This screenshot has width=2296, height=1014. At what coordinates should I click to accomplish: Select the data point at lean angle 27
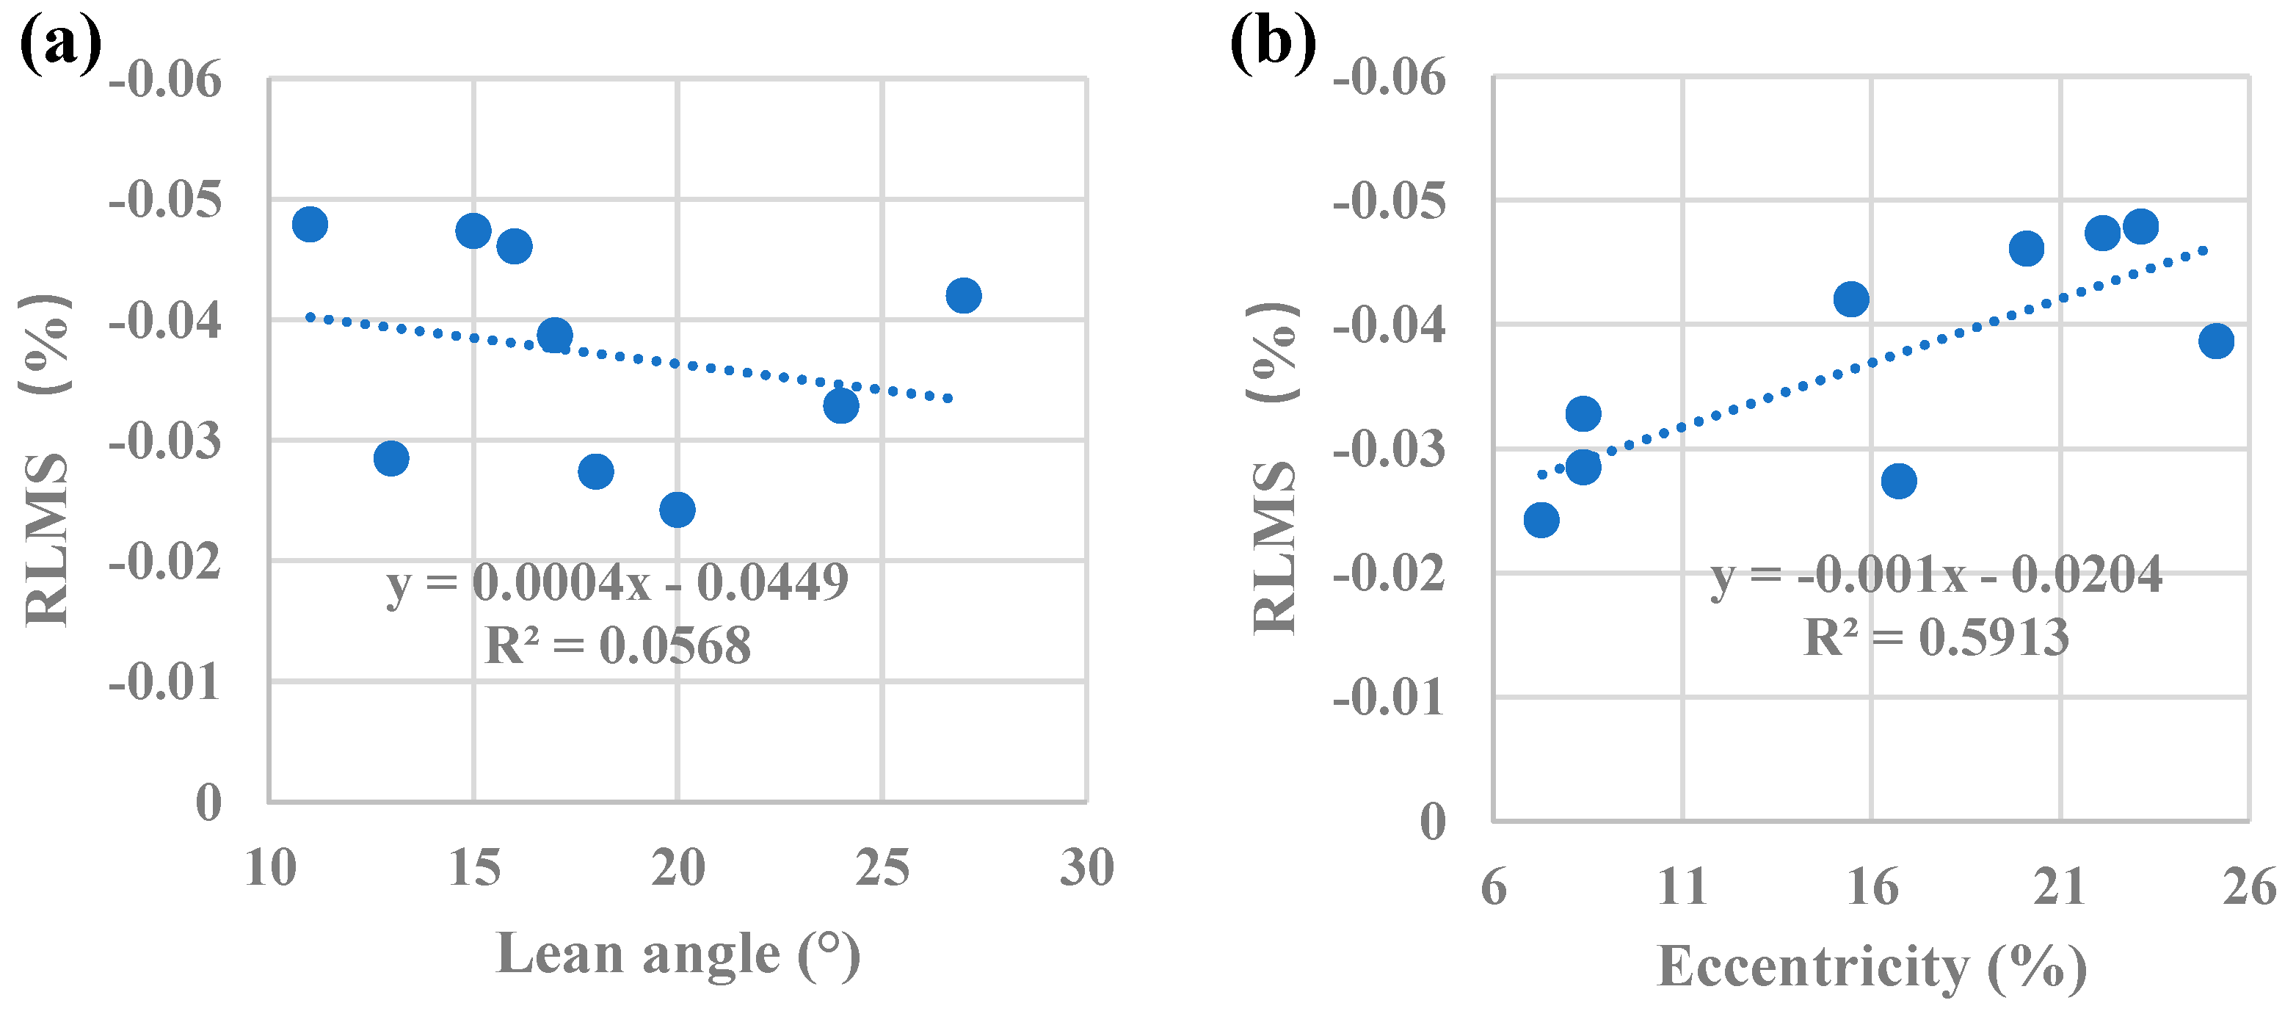(x=962, y=295)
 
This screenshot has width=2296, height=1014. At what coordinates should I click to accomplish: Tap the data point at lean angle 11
(x=309, y=224)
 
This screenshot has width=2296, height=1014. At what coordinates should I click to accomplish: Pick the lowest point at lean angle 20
(x=677, y=510)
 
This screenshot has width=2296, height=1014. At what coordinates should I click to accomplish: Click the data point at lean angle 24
(x=840, y=406)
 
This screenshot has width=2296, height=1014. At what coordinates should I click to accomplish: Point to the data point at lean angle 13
(x=391, y=458)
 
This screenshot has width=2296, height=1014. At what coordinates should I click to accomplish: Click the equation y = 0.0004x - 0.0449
(x=617, y=582)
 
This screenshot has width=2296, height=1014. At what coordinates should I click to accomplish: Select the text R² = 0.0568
(x=617, y=645)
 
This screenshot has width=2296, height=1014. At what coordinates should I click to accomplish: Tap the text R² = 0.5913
(x=1936, y=637)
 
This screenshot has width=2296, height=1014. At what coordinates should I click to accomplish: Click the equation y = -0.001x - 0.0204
(x=1936, y=574)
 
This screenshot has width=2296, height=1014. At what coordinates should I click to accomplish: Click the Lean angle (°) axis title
(x=677, y=955)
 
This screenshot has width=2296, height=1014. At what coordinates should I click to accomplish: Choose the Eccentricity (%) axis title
(x=1872, y=966)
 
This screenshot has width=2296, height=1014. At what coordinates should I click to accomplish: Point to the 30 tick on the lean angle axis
(x=1086, y=867)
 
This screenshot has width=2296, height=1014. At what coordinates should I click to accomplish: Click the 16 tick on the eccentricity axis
(x=1872, y=886)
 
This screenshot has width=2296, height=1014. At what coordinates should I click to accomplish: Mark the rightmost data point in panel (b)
(x=2216, y=341)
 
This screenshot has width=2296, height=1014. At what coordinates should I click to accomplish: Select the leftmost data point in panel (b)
(x=1541, y=519)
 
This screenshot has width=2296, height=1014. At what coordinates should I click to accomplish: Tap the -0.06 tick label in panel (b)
(x=1389, y=78)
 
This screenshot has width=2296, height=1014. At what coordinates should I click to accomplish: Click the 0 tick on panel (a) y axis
(x=208, y=802)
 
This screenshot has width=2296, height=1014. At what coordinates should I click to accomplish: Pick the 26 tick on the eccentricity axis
(x=2249, y=886)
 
